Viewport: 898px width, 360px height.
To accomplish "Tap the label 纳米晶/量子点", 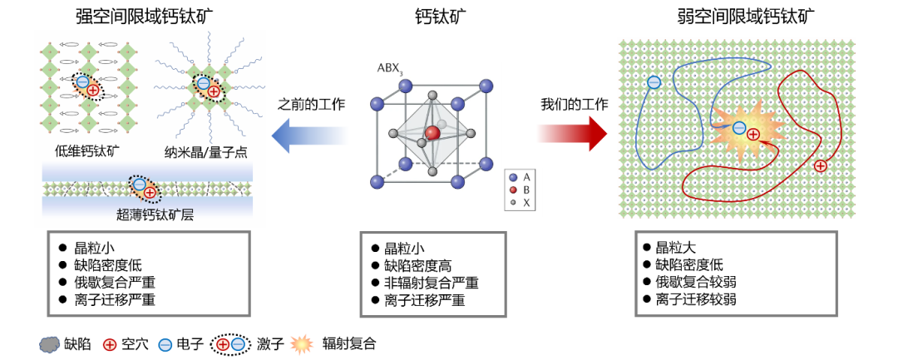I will [x=205, y=152].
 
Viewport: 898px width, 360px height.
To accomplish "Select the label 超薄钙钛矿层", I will [x=155, y=215].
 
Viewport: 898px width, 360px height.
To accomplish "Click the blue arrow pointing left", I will [x=308, y=135].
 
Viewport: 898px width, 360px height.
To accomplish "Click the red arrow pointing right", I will [x=571, y=133].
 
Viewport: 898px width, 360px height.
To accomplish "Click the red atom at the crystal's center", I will [x=432, y=133].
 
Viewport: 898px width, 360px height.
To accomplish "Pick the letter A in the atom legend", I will [x=526, y=177].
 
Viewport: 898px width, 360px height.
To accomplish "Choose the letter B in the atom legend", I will [x=526, y=190].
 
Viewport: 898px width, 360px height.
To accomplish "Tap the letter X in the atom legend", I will [x=526, y=203].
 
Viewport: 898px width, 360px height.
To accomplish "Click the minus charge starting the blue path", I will [x=654, y=82].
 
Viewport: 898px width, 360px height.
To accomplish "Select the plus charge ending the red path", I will [x=821, y=165].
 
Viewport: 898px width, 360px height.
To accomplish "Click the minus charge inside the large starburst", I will [x=739, y=128].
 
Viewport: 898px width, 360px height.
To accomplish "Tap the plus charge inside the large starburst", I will [x=753, y=134].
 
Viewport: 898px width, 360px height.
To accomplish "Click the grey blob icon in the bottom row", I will [x=50, y=344].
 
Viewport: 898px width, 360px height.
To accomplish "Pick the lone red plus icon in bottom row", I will [x=110, y=344].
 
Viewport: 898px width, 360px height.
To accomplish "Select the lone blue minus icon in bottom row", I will [x=165, y=344].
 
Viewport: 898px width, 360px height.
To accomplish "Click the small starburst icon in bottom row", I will [x=301, y=344].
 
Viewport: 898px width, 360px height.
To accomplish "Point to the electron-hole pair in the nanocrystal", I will [x=209, y=87].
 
